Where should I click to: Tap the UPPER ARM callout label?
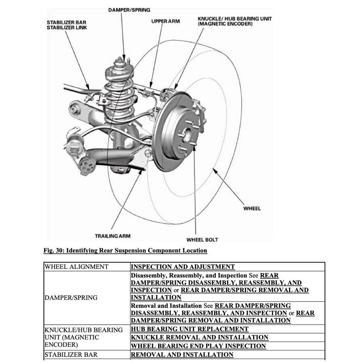pyautogui.click(x=165, y=21)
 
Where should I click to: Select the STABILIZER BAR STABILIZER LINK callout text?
pyautogui.click(x=67, y=25)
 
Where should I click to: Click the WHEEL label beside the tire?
pyautogui.click(x=252, y=208)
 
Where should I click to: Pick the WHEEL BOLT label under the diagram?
pyautogui.click(x=202, y=240)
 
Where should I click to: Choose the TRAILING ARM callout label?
pyautogui.click(x=113, y=236)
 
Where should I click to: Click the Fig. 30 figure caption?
pyautogui.click(x=125, y=250)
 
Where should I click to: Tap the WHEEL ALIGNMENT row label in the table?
pyautogui.click(x=76, y=267)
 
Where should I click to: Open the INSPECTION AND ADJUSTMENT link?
pyautogui.click(x=183, y=267)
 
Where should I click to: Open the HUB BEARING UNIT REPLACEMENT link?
pyautogui.click(x=189, y=329)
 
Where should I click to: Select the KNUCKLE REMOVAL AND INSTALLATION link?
pyautogui.click(x=200, y=337)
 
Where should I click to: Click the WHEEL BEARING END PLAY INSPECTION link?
pyautogui.click(x=198, y=346)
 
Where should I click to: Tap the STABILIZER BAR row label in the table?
pyautogui.click(x=71, y=355)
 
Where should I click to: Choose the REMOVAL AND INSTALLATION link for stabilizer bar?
pyautogui.click(x=182, y=355)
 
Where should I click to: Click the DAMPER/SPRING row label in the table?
pyautogui.click(x=71, y=297)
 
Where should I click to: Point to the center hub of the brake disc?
pyautogui.click(x=187, y=133)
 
